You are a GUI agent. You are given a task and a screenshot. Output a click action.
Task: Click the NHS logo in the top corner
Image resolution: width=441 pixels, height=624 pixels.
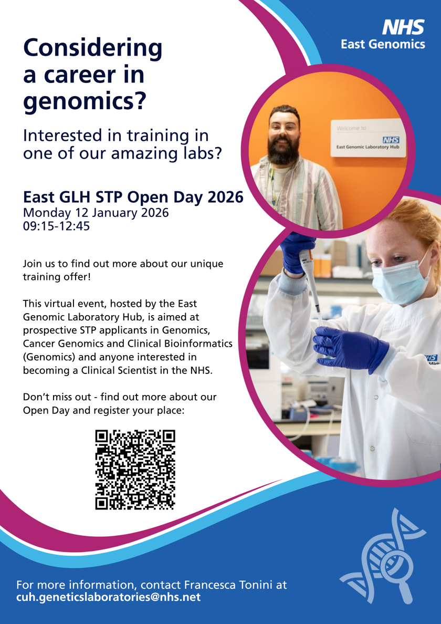click(403, 27)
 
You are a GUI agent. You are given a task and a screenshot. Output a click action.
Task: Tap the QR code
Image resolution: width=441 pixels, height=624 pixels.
click(135, 469)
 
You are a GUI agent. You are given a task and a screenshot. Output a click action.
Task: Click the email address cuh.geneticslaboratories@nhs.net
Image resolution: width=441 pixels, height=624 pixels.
click(109, 597)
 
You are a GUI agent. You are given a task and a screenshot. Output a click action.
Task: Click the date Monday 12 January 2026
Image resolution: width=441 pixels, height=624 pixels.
click(96, 213)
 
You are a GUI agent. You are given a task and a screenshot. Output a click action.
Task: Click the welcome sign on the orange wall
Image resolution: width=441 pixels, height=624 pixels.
click(368, 138)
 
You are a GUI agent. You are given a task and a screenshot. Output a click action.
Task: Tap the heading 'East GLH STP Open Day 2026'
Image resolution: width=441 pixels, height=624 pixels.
click(133, 197)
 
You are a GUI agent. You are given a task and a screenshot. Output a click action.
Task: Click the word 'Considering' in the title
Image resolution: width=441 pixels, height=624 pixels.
click(93, 48)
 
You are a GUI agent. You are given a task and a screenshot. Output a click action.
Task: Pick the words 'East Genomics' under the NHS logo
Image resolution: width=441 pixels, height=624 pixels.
click(383, 44)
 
